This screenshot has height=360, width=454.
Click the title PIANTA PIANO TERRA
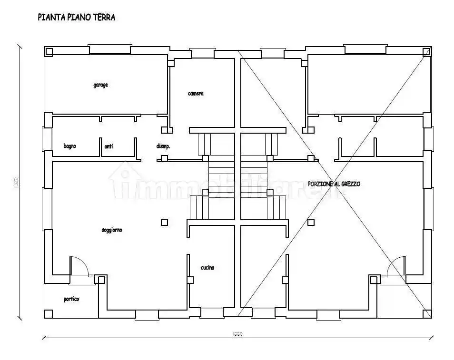tap(76, 18)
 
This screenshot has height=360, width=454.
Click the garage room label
tap(100, 85)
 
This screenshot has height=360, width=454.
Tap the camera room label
tap(196, 94)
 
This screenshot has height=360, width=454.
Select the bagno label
tap(70, 146)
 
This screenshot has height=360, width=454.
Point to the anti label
tap(109, 146)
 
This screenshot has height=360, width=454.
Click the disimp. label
tap(163, 146)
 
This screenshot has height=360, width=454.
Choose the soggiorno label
tap(112, 230)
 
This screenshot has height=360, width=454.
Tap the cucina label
tap(207, 268)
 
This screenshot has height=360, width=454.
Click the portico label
tap(71, 299)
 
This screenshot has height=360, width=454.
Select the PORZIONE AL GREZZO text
tap(334, 184)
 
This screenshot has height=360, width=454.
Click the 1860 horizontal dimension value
tap(238, 334)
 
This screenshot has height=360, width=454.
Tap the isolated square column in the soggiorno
tap(164, 222)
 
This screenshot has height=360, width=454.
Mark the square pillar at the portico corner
tap(48, 314)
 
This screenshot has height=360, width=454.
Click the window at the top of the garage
tap(110, 49)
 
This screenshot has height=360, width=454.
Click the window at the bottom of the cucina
tap(211, 313)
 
